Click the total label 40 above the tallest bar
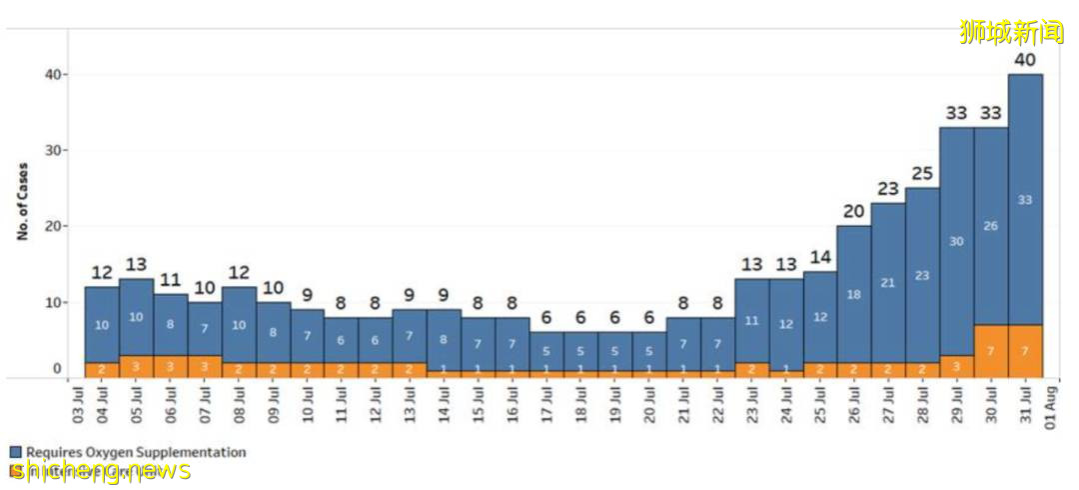pyautogui.click(x=1025, y=60)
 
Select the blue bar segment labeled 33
pyautogui.click(x=1025, y=200)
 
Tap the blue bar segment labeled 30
pyautogui.click(x=957, y=241)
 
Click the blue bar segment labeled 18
pyautogui.click(x=854, y=294)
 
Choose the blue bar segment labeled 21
pyautogui.click(x=888, y=283)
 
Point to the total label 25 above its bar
pyautogui.click(x=922, y=174)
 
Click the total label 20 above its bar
pyautogui.click(x=854, y=211)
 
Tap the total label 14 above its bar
pyautogui.click(x=820, y=257)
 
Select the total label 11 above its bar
pyautogui.click(x=170, y=280)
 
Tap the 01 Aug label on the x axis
pyautogui.click(x=1050, y=410)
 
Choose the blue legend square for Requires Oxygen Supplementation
pyautogui.click(x=14, y=452)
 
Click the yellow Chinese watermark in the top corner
pyautogui.click(x=1011, y=32)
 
